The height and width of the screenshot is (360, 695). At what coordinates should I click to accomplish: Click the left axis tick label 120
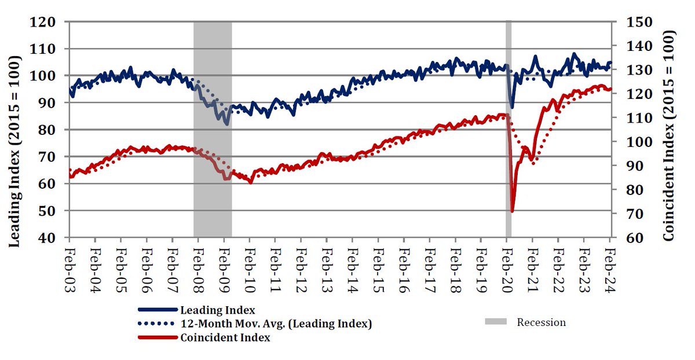tap(45, 22)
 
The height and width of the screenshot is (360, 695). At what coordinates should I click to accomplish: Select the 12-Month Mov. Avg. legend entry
tap(276, 324)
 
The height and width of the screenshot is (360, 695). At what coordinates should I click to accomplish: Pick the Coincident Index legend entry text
tap(225, 337)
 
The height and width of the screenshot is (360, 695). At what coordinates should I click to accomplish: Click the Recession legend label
tap(542, 322)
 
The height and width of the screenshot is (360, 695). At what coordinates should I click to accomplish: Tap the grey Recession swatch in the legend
tap(498, 322)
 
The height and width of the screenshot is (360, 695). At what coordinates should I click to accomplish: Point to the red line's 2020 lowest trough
tap(512, 211)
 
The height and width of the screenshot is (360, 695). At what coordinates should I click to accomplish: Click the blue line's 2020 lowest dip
tap(512, 108)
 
